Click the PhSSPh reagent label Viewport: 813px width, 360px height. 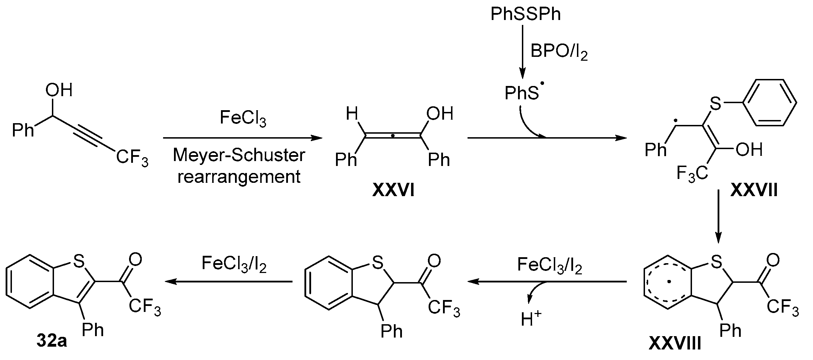pos(525,14)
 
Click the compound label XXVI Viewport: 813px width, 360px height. pos(393,191)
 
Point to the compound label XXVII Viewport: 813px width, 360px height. pos(754,191)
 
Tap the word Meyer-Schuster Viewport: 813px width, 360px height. pos(239,155)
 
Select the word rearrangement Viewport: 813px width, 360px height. pos(239,176)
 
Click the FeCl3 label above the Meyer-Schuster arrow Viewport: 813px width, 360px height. pos(243,118)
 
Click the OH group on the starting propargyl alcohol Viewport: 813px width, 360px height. pos(59,90)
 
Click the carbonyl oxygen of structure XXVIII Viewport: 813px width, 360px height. pos(773,260)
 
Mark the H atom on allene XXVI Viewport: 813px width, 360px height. pos(352,114)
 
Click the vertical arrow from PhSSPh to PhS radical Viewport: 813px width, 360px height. pos(522,53)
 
